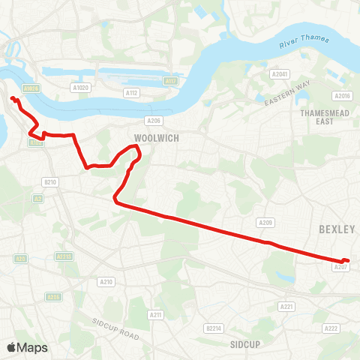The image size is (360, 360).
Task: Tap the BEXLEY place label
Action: tap(336, 229)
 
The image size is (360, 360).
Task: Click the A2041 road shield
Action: tap(279, 74)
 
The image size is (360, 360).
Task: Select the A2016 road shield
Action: tap(343, 96)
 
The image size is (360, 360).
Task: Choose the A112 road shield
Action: tap(133, 93)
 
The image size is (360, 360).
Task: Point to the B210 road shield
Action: tap(50, 181)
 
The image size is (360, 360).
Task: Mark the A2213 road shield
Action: tap(64, 256)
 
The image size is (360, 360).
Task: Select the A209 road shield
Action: tap(265, 223)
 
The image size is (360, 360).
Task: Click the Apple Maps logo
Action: tap(27, 347)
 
